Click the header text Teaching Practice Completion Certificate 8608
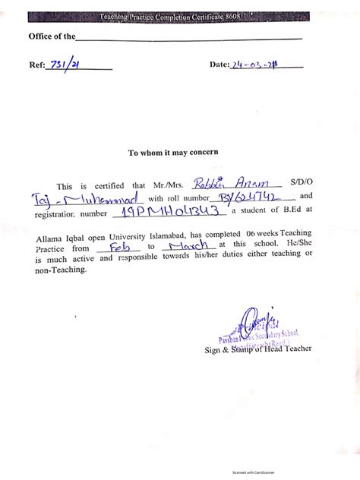pyautogui.click(x=179, y=16)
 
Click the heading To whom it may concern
pyautogui.click(x=173, y=152)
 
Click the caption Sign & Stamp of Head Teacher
pyautogui.click(x=257, y=349)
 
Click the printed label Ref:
pyautogui.click(x=37, y=65)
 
